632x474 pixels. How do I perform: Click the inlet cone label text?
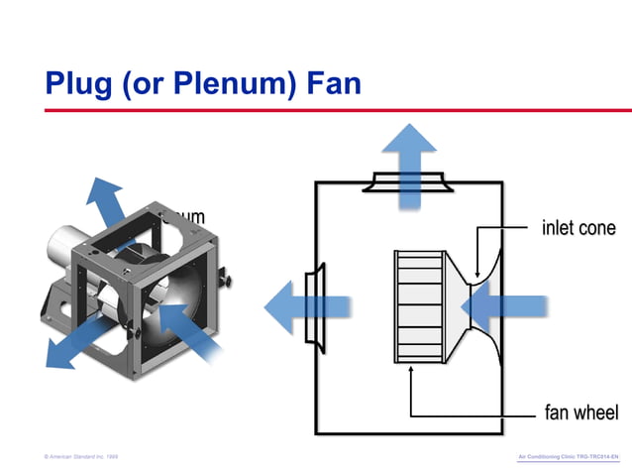579,228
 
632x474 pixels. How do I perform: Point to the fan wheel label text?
580,413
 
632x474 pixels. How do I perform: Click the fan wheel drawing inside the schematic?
418,306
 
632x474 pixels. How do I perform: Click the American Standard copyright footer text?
81,456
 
